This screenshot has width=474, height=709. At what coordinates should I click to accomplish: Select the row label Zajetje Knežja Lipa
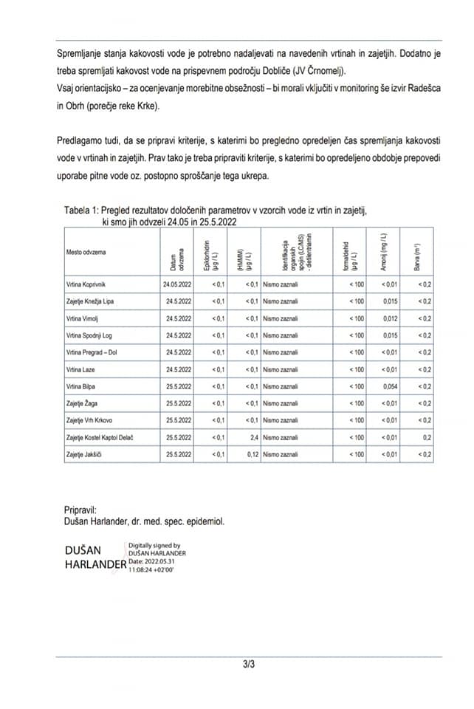tap(90, 301)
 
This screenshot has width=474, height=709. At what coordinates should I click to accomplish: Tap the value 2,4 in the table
tap(253, 437)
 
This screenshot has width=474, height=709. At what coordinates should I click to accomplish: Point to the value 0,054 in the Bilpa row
tap(391, 386)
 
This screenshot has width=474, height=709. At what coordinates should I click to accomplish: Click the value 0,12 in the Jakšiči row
tap(251, 454)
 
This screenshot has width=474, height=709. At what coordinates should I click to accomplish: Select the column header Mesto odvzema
tap(86, 252)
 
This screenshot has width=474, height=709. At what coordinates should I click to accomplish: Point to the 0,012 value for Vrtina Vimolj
tap(391, 318)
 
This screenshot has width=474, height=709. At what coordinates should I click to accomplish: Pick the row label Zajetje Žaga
tap(82, 403)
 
